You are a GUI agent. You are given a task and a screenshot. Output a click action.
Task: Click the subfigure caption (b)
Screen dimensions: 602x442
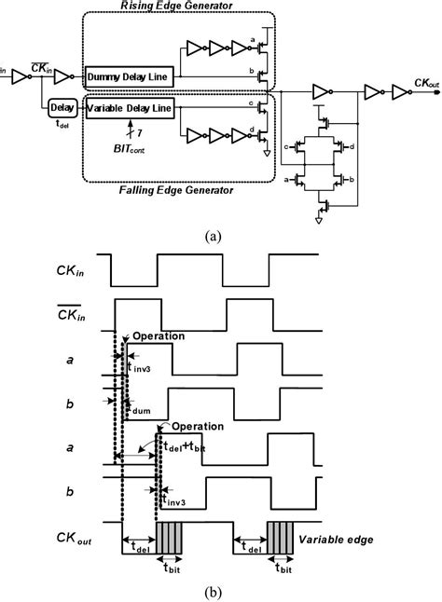[216, 590]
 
